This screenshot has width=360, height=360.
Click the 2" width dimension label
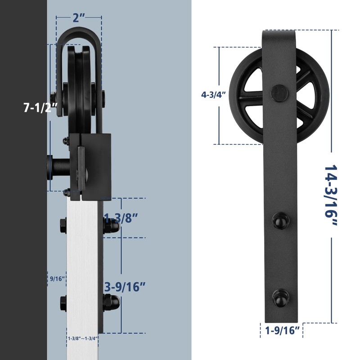click(x=79, y=18)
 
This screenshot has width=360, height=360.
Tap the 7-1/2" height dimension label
click(x=41, y=108)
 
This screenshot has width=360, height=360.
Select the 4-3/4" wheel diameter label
click(x=213, y=95)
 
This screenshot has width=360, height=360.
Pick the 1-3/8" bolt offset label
click(x=120, y=218)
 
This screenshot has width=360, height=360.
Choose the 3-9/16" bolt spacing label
click(x=124, y=286)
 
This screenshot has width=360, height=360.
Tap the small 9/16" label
click(x=57, y=279)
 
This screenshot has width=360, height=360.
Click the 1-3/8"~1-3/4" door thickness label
click(x=83, y=337)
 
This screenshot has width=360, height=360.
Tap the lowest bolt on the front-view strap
click(x=279, y=297)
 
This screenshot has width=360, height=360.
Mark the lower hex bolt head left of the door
click(x=63, y=302)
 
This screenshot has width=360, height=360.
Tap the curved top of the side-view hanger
click(x=79, y=34)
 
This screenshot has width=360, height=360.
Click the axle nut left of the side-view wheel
click(x=54, y=96)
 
